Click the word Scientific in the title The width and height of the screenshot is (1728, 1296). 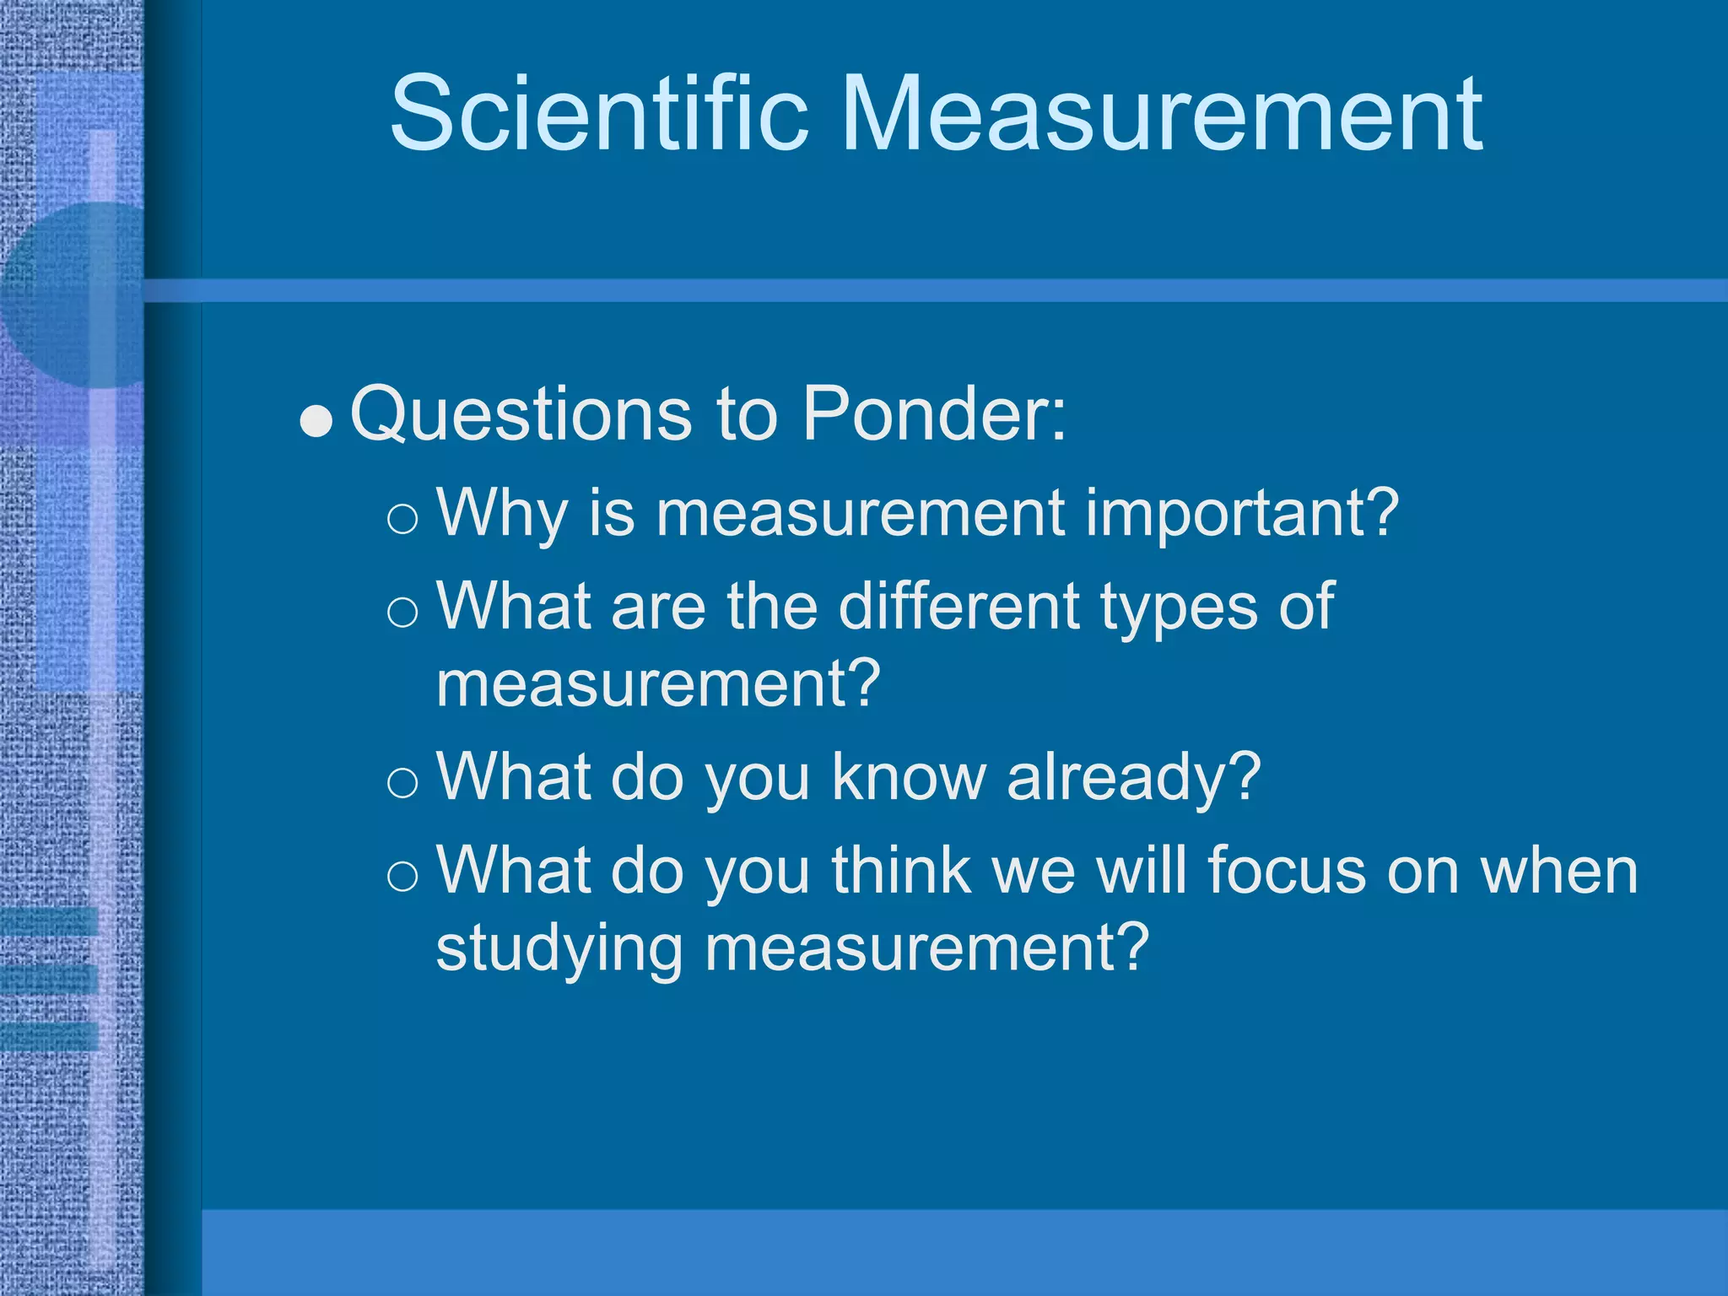pyautogui.click(x=598, y=113)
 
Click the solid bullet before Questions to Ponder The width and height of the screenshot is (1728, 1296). pyautogui.click(x=316, y=421)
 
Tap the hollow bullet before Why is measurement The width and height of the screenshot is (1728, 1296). pyautogui.click(x=402, y=518)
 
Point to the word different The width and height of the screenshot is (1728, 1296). pyautogui.click(x=958, y=606)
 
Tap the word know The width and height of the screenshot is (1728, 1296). pyautogui.click(x=908, y=776)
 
